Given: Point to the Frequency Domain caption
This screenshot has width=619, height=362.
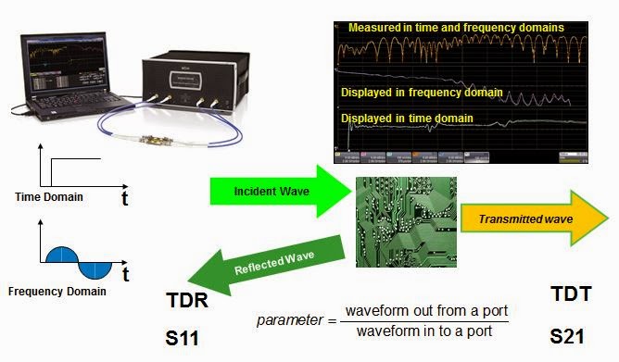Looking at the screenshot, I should point(57,291).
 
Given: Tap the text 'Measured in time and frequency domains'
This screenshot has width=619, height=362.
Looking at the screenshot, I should point(456,28).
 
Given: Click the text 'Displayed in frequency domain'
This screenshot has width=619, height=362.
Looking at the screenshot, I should point(422,93).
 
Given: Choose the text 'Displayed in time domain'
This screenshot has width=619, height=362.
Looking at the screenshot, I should point(408,119).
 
